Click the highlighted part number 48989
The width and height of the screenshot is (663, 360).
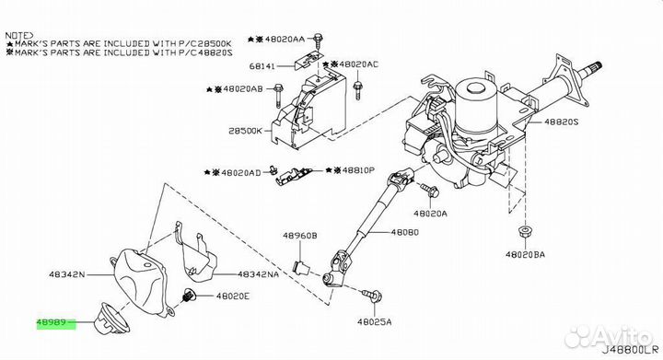pyautogui.click(x=52, y=323)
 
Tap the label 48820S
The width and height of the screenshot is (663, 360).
pyautogui.click(x=561, y=122)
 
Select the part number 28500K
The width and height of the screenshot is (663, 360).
pyautogui.click(x=245, y=131)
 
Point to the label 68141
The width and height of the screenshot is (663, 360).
pyautogui.click(x=262, y=66)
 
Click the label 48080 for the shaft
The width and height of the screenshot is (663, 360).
pyautogui.click(x=404, y=232)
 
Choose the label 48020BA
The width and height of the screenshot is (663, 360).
pyautogui.click(x=525, y=254)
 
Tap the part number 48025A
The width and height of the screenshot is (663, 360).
pyautogui.click(x=374, y=322)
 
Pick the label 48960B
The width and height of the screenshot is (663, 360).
pyautogui.click(x=300, y=236)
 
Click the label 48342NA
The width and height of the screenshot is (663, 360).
pyautogui.click(x=259, y=274)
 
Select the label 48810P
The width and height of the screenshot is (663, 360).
pyautogui.click(x=358, y=170)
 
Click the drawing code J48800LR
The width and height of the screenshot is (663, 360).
pyautogui.click(x=630, y=350)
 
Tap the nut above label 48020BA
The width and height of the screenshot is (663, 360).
pyautogui.click(x=525, y=232)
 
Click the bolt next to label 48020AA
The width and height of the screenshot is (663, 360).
pyautogui.click(x=318, y=40)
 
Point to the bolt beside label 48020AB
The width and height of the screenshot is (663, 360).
pyautogui.click(x=278, y=96)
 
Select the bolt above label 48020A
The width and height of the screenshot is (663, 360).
pyautogui.click(x=430, y=191)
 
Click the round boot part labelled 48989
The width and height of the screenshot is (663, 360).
pyautogui.click(x=112, y=318)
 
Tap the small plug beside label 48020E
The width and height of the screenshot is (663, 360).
pyautogui.click(x=190, y=295)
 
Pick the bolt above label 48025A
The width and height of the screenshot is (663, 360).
pyautogui.click(x=372, y=295)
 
